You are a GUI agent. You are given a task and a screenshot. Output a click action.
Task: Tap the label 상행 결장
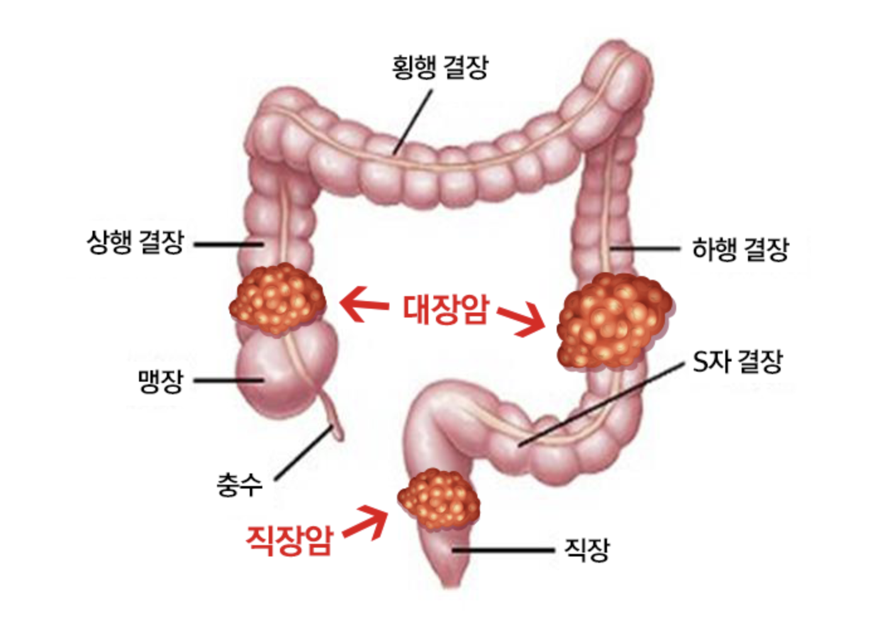[135, 242]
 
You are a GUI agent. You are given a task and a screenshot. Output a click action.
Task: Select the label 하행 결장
[740, 250]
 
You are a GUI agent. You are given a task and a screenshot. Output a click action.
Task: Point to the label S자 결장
[737, 362]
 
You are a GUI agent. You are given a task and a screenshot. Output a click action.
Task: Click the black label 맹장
[160, 380]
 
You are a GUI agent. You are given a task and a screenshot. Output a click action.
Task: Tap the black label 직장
[586, 550]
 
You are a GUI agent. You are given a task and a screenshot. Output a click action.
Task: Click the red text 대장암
[445, 309]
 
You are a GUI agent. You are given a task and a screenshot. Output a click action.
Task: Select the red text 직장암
[289, 539]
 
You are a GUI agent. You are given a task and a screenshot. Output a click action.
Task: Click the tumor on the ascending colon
[277, 298]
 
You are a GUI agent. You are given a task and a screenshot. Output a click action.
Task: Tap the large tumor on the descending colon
[613, 321]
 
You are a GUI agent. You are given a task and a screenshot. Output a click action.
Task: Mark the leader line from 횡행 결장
[413, 123]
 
